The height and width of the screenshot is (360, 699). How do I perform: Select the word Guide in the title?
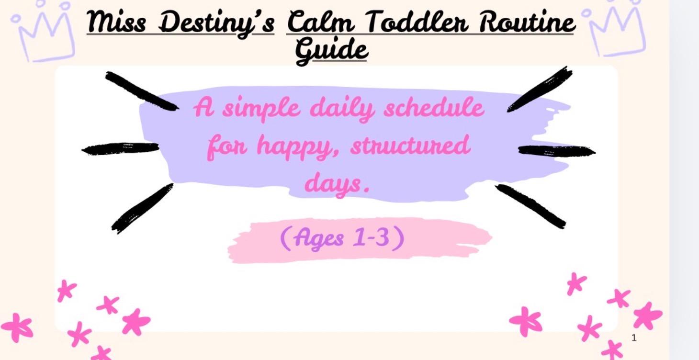[331, 50]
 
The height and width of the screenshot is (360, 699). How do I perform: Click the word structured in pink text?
[410, 146]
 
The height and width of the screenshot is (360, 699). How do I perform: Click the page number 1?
[634, 338]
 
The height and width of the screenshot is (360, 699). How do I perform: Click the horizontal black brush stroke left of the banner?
[121, 148]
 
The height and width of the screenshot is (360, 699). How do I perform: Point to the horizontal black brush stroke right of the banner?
[556, 151]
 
